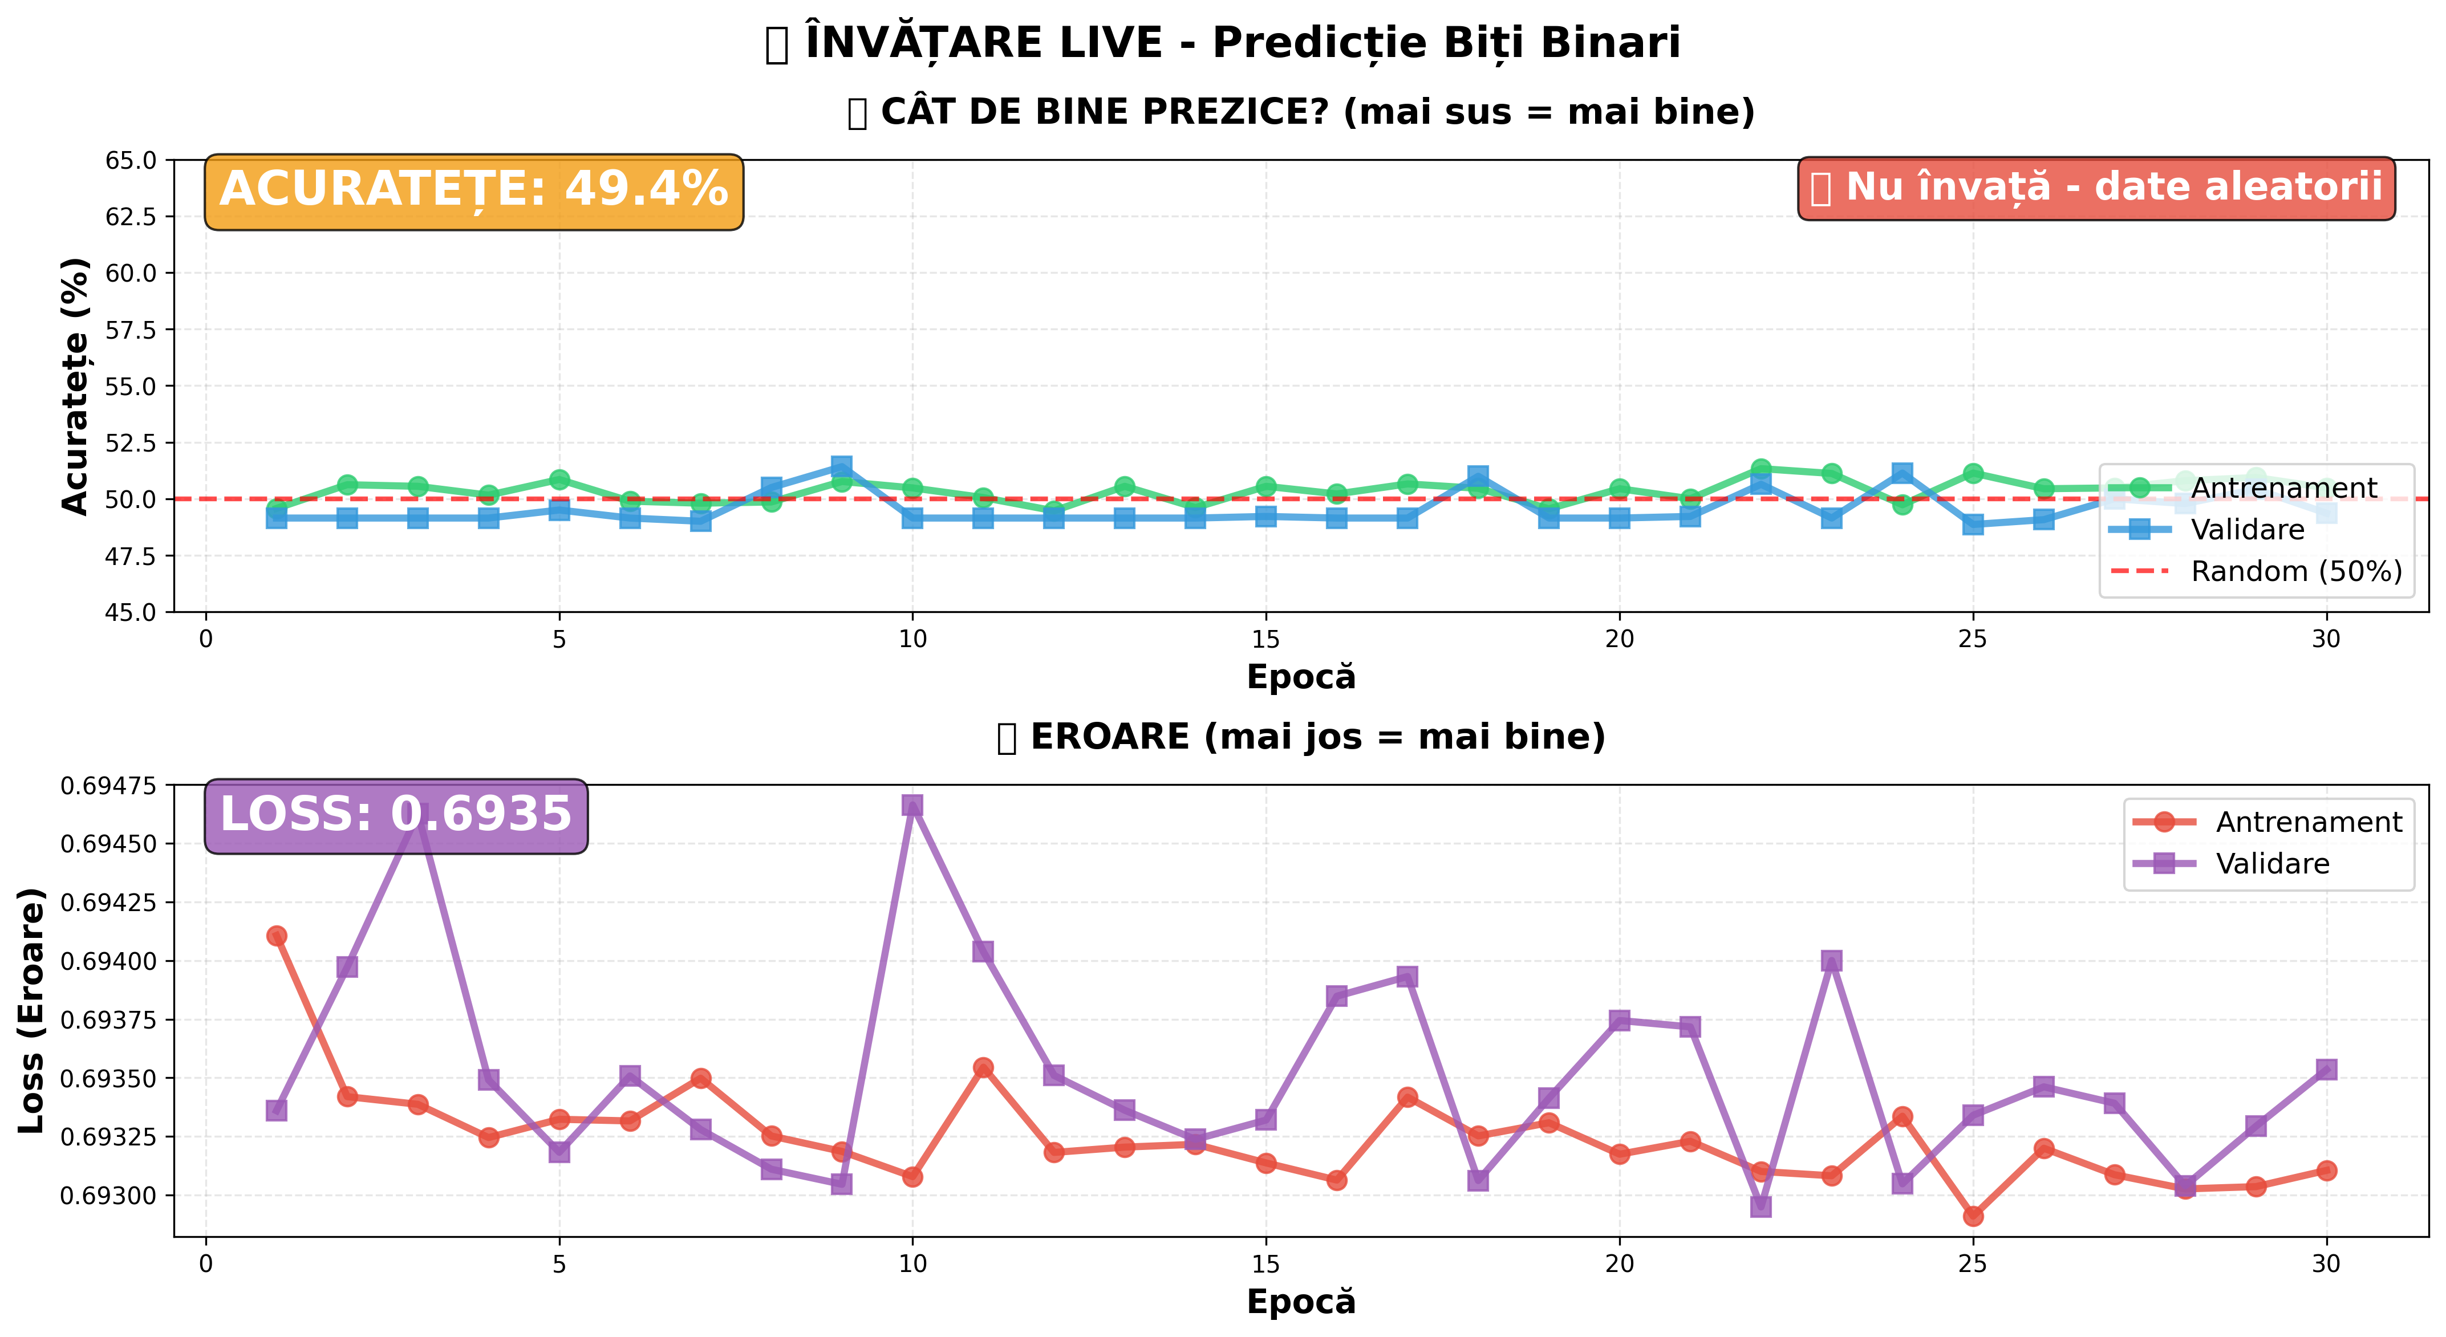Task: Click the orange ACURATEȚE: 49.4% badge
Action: tap(473, 191)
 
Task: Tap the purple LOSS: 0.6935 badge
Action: tap(396, 816)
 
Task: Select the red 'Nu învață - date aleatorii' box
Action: tap(2096, 188)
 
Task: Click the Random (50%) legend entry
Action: tap(2295, 572)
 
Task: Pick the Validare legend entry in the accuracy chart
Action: tap(2246, 530)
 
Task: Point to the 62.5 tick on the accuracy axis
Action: tap(131, 217)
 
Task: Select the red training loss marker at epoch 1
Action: tap(277, 936)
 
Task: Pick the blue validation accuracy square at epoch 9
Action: tap(841, 466)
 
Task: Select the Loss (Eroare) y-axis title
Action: tap(31, 1010)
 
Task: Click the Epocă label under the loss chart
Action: tap(1301, 1302)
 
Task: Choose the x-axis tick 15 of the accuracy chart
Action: tap(1265, 639)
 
